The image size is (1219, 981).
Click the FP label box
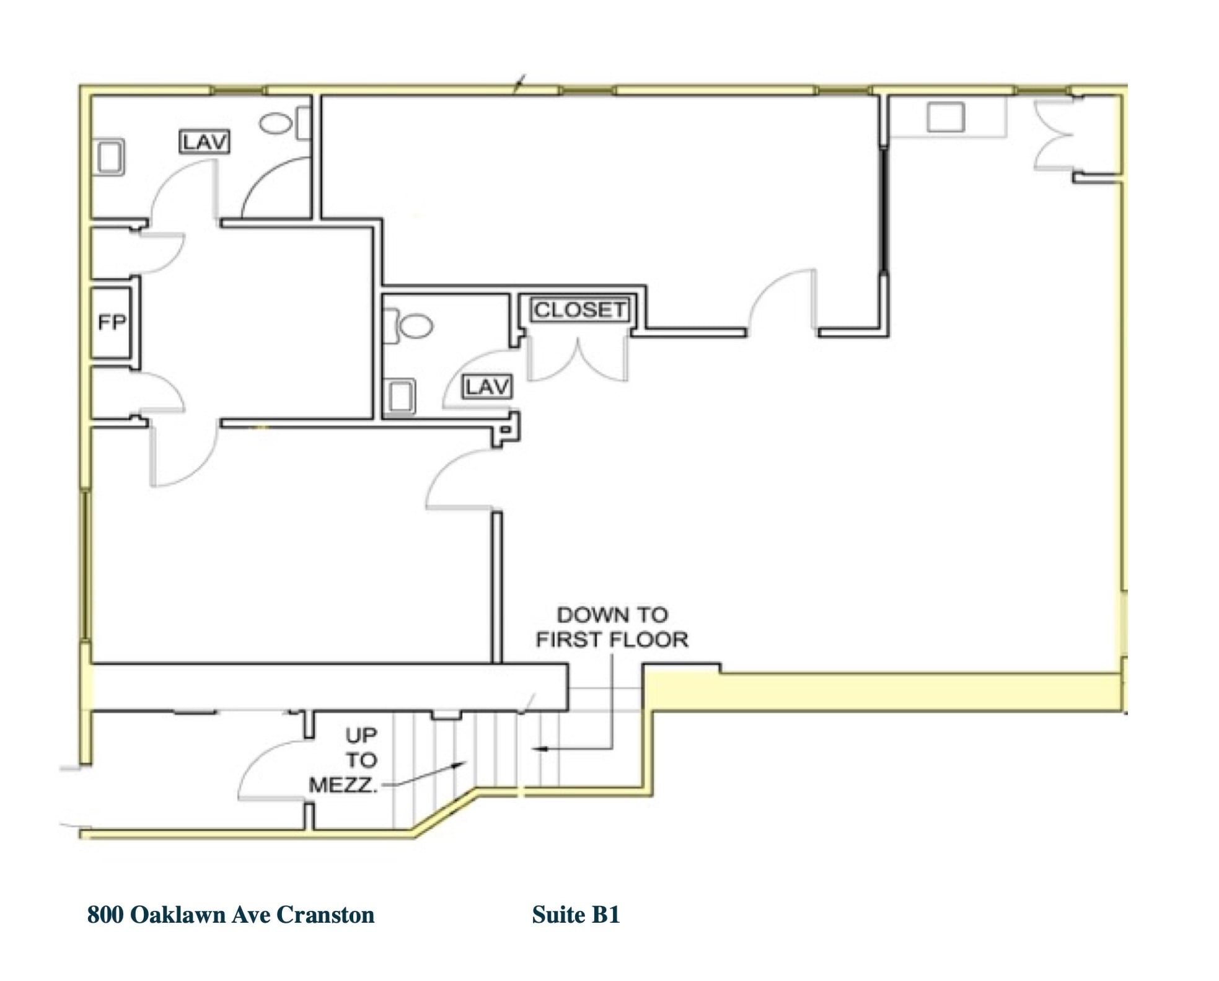[x=112, y=322]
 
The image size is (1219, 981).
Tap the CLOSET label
[x=579, y=310]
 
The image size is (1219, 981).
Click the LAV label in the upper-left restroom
[x=205, y=142]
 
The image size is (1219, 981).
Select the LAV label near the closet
[x=488, y=387]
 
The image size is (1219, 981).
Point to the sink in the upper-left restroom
[x=110, y=157]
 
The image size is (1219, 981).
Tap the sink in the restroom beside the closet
[x=400, y=395]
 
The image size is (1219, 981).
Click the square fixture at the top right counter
[x=945, y=117]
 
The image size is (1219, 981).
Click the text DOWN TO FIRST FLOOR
[x=612, y=627]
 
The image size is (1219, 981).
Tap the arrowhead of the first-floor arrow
[x=538, y=749]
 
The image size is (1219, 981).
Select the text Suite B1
[x=576, y=915]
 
